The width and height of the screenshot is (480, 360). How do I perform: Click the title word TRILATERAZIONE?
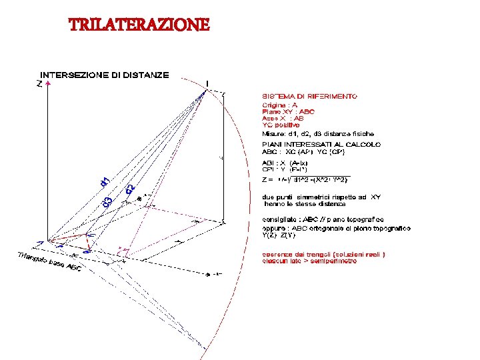(139, 25)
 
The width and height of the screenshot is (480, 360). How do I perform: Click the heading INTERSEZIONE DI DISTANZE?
(105, 75)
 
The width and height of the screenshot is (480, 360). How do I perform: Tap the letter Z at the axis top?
(39, 84)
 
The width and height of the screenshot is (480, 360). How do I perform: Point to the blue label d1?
(105, 181)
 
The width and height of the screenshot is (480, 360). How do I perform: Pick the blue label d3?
(108, 199)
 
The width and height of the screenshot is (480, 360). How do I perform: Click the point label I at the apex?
(207, 83)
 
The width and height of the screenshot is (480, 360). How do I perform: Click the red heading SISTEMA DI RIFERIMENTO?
(309, 96)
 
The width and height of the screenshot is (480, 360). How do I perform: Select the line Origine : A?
(279, 105)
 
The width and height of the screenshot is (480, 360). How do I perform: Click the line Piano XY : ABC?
(288, 111)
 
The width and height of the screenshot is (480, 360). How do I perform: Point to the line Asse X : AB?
(283, 118)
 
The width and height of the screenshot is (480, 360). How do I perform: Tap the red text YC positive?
(280, 125)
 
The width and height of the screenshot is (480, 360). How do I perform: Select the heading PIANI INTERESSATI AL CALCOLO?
(321, 144)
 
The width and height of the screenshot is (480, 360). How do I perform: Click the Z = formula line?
(303, 179)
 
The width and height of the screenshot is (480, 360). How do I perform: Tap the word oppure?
(274, 229)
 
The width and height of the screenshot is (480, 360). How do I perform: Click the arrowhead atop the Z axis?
(47, 85)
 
